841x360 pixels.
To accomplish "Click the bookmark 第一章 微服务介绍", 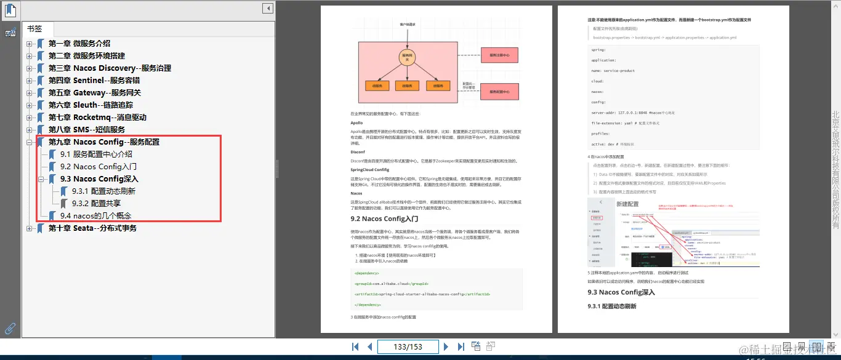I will click(79, 44).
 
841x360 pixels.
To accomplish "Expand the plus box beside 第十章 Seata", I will click(29, 228).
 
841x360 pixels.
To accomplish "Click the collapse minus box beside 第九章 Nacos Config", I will click(29, 142).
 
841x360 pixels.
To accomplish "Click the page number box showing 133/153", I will click(408, 347).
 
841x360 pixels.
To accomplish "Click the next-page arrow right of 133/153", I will click(446, 347).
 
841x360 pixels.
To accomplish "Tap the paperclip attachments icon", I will click(10, 329).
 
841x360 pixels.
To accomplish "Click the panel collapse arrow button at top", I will click(267, 9).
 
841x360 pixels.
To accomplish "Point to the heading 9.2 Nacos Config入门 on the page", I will click(384, 218).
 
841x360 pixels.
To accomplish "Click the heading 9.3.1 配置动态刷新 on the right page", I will click(612, 306).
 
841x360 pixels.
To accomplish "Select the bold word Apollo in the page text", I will click(356, 123).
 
